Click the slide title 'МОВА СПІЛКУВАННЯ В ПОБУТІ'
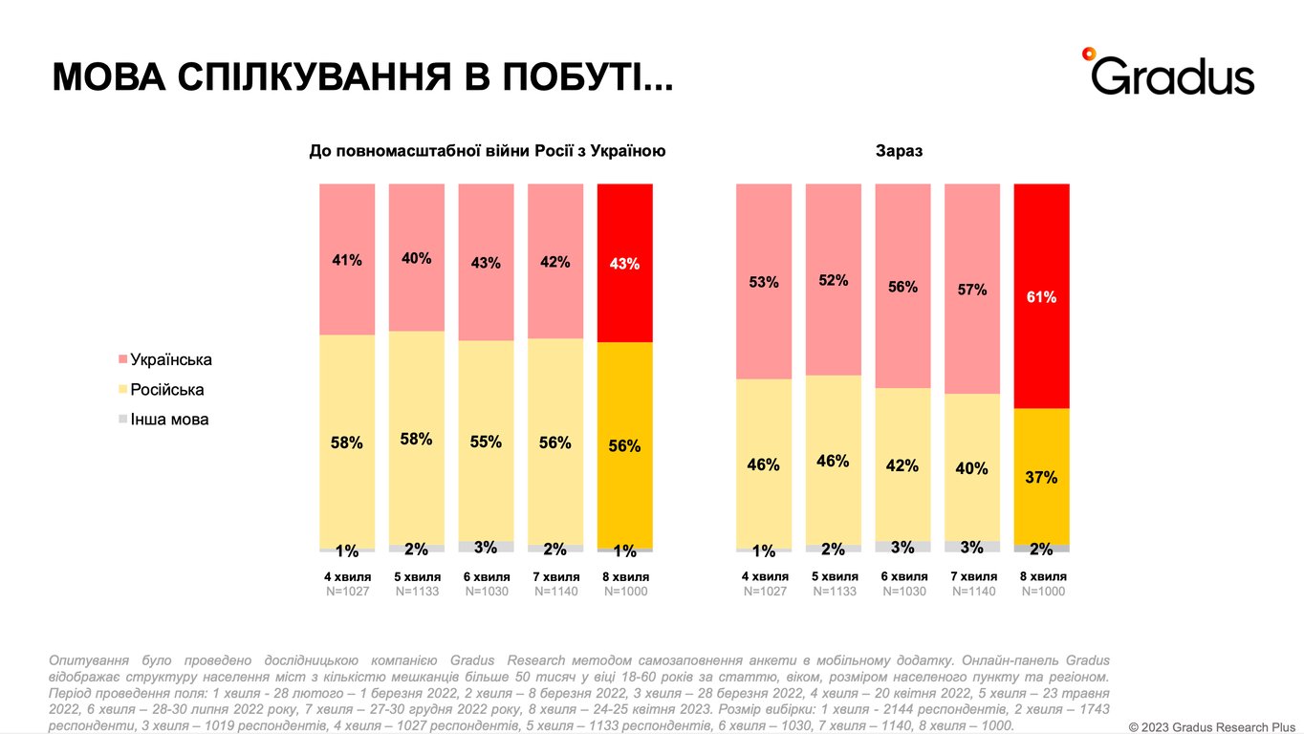coord(362,77)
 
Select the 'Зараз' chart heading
coord(899,151)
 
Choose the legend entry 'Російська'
coord(167,390)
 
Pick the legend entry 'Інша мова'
coord(169,420)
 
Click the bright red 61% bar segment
coord(1041,296)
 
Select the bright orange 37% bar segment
coord(1041,477)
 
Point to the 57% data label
coord(972,289)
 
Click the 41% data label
coord(347,259)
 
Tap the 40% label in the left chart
coord(416,258)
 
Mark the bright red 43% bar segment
coord(624,263)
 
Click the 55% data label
coord(486,443)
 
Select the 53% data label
coord(764,282)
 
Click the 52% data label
coord(834,280)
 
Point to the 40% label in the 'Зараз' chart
coord(972,468)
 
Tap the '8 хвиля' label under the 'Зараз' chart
coord(1043,576)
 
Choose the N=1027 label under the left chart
coord(347,592)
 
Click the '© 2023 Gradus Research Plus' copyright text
coord(1211,726)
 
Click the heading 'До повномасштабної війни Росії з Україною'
coord(487,151)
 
